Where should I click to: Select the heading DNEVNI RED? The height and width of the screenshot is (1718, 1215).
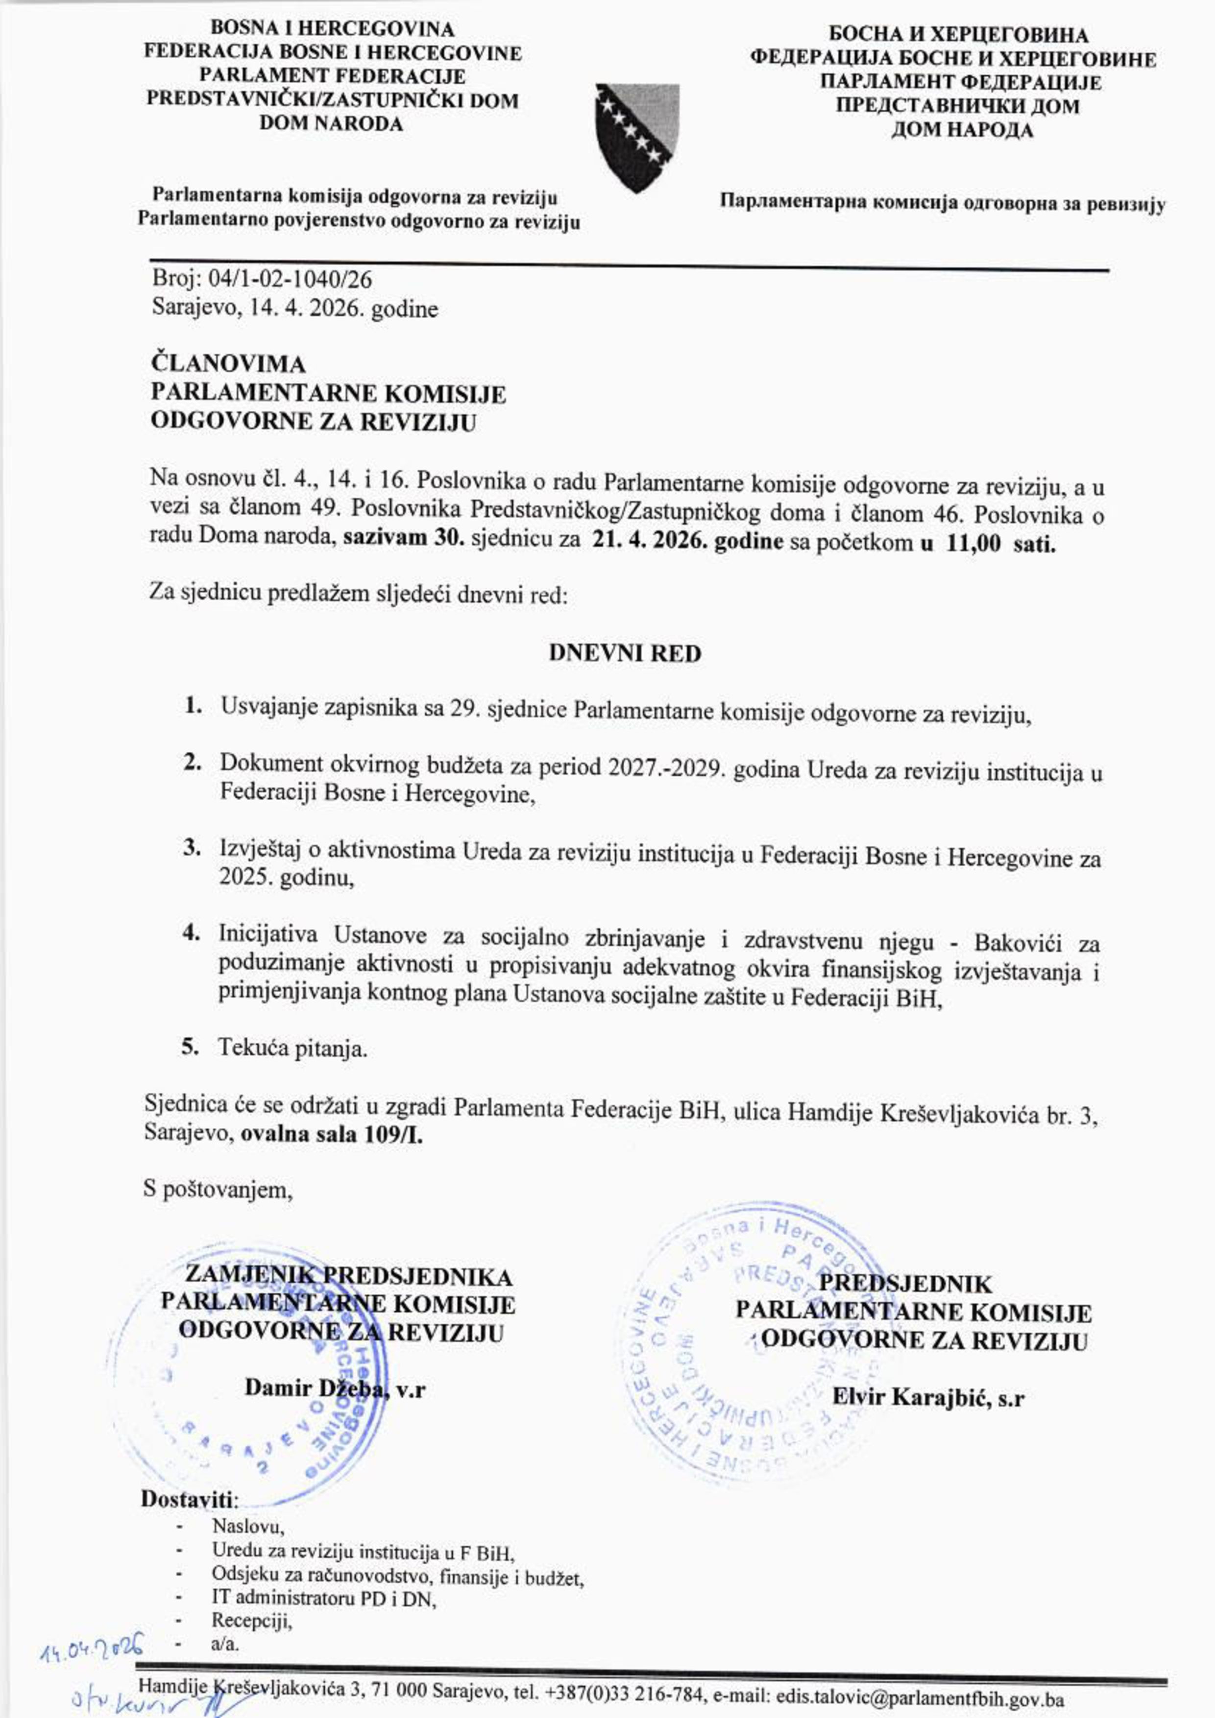click(625, 653)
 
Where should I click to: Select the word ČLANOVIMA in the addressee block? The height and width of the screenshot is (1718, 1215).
click(228, 364)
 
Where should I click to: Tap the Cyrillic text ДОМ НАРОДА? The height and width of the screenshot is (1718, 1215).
click(961, 130)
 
